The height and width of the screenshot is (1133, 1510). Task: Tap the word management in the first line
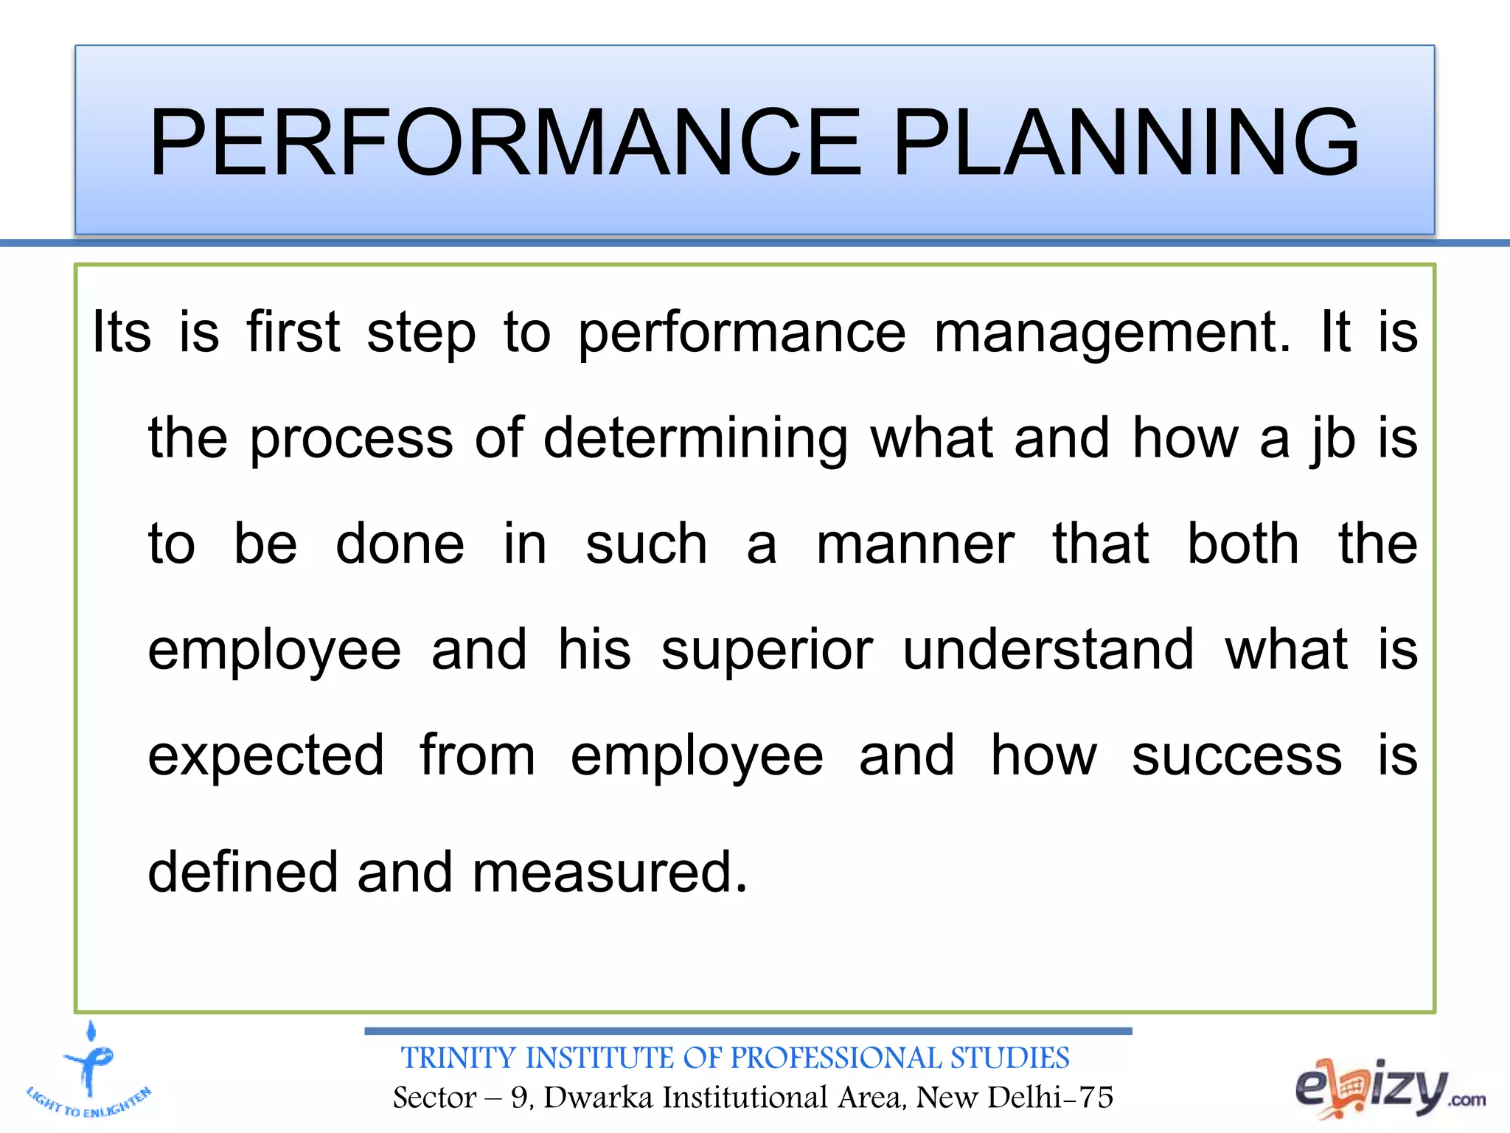click(1112, 333)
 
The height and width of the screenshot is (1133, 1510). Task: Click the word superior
click(767, 651)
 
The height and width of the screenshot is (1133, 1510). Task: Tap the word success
click(1236, 756)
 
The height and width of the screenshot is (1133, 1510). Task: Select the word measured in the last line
click(609, 872)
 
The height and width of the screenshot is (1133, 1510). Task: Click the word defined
click(243, 872)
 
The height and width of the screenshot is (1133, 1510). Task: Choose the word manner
click(915, 544)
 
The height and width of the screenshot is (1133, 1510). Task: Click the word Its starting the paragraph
click(122, 332)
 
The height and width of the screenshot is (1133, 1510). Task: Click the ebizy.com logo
click(1389, 1089)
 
